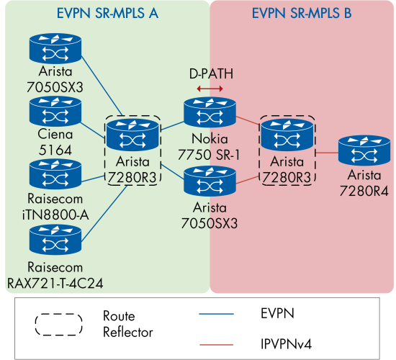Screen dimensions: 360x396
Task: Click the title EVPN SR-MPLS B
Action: pyautogui.click(x=301, y=13)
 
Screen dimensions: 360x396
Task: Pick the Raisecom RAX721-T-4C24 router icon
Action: pyautogui.click(x=53, y=239)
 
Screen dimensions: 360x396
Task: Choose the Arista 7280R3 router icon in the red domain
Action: pyautogui.click(x=286, y=135)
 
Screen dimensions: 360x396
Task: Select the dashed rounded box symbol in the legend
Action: pyautogui.click(x=59, y=323)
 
